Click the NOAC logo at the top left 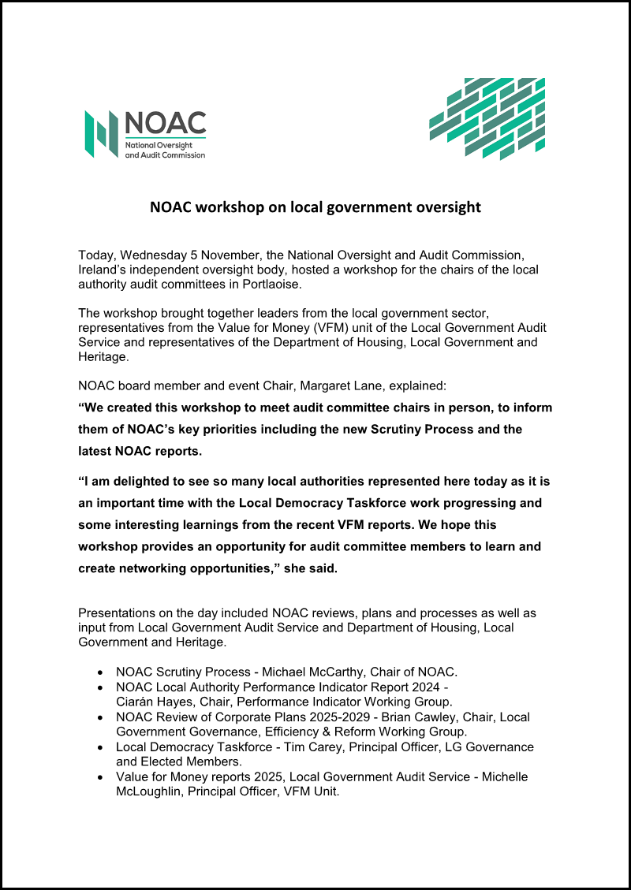tap(145, 135)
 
